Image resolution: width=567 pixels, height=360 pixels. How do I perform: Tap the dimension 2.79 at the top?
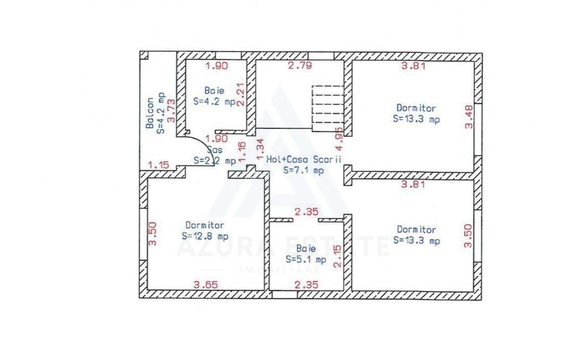point(299,66)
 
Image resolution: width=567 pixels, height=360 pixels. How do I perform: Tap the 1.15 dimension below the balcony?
point(158,165)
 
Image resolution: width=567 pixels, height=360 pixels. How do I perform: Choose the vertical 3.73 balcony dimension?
point(171,110)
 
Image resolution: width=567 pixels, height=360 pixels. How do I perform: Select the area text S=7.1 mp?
point(303,171)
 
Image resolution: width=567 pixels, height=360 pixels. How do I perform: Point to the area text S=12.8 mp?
point(205,235)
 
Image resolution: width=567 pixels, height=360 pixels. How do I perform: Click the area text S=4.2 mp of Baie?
point(214,101)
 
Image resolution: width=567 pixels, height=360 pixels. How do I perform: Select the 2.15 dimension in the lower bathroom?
point(339,254)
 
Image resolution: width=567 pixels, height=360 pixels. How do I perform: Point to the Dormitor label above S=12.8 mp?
point(205,225)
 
